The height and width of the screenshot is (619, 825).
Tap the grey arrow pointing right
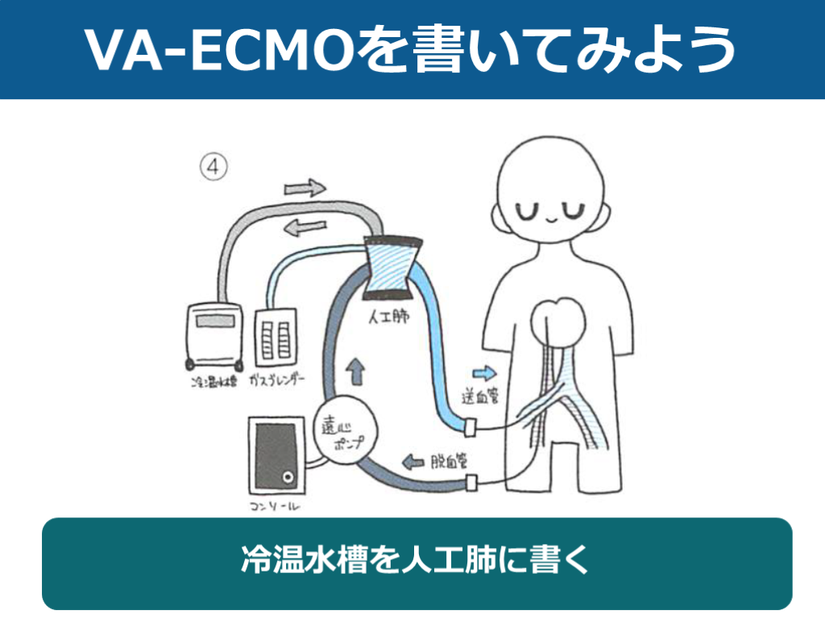(x=305, y=189)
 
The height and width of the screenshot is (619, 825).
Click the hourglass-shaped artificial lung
(x=392, y=265)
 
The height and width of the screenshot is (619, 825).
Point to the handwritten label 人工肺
(x=389, y=316)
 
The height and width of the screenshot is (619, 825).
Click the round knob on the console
(x=286, y=479)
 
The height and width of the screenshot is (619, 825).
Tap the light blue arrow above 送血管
(x=483, y=372)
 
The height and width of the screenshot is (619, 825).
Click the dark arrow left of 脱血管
(x=413, y=462)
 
